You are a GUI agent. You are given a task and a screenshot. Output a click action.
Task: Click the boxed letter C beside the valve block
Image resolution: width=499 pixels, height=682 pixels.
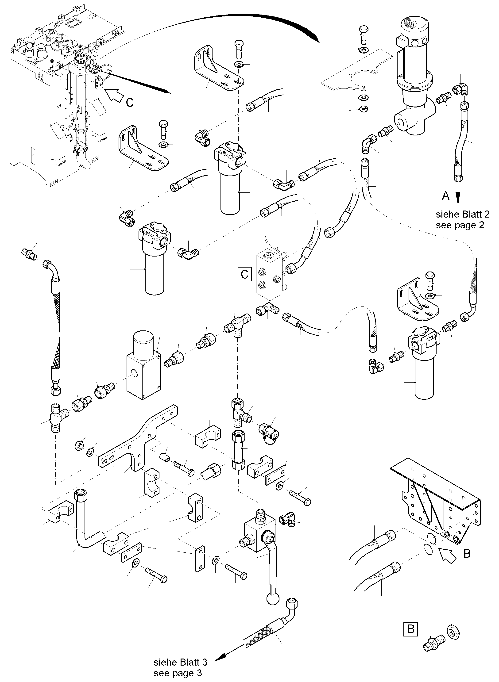pos(244,274)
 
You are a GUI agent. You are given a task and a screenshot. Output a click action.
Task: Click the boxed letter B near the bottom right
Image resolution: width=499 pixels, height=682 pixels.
pos(411,629)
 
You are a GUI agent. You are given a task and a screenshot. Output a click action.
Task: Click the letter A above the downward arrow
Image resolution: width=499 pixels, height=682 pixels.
pos(445,196)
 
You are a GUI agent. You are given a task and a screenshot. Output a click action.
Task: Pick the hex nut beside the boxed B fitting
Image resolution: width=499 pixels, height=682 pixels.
pos(452,632)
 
